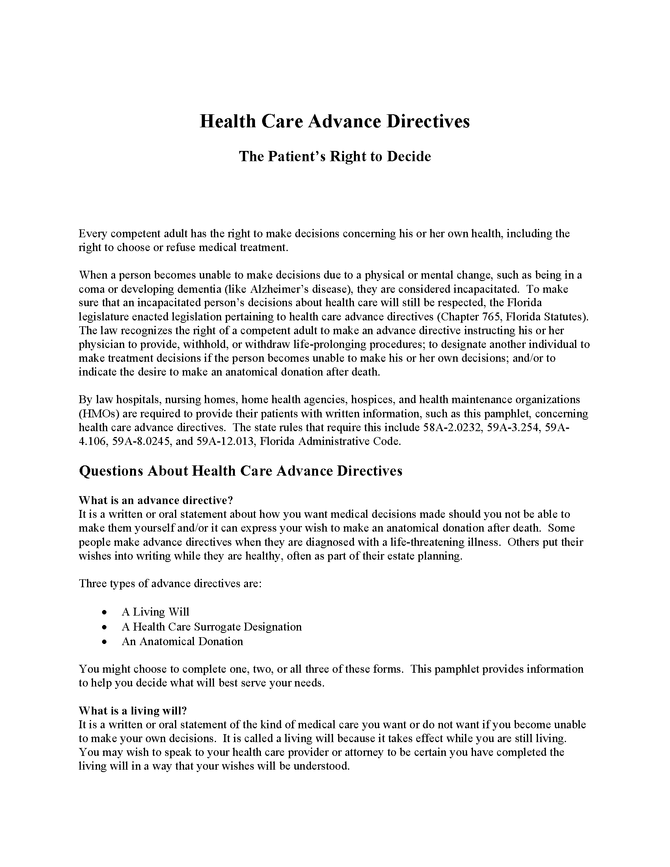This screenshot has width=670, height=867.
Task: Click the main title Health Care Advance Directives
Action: tap(335, 121)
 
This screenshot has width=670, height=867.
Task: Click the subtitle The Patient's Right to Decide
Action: tap(335, 156)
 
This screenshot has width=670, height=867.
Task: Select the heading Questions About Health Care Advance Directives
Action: tap(240, 471)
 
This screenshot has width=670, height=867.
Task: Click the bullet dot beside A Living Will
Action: tap(104, 612)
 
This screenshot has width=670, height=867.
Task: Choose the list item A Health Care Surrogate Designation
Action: tap(212, 627)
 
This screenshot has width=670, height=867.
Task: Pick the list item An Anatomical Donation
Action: tap(182, 642)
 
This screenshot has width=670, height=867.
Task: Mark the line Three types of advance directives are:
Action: tap(170, 584)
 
